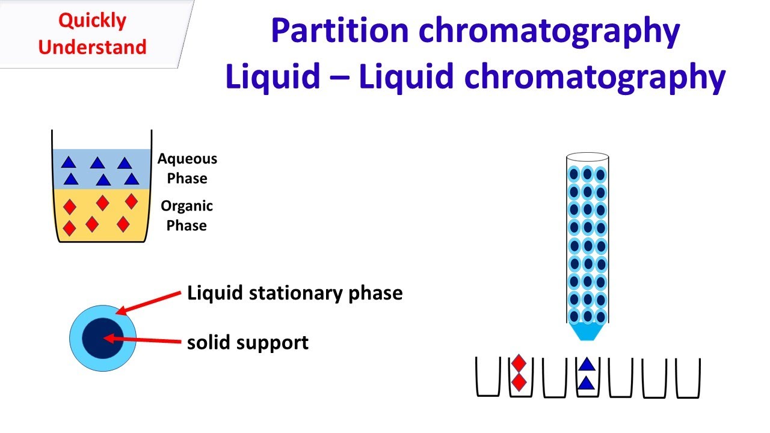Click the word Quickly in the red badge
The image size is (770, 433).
point(93,21)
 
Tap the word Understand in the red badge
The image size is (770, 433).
point(92,47)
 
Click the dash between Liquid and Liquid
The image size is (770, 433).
point(339,77)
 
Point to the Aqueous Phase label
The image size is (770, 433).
point(187,168)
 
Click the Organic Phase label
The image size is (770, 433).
point(186,215)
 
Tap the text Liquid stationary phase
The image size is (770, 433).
point(295,293)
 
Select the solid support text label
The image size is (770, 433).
point(248,343)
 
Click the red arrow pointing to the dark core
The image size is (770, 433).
point(143,340)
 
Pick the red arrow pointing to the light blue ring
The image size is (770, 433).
point(149,302)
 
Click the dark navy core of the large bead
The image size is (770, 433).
point(103,338)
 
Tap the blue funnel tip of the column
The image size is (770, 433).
point(587,331)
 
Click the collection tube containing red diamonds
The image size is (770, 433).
point(521,377)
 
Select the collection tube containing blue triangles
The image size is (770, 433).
point(588,377)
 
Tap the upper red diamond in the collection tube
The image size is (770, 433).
point(519,364)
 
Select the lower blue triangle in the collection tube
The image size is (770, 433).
point(587,384)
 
